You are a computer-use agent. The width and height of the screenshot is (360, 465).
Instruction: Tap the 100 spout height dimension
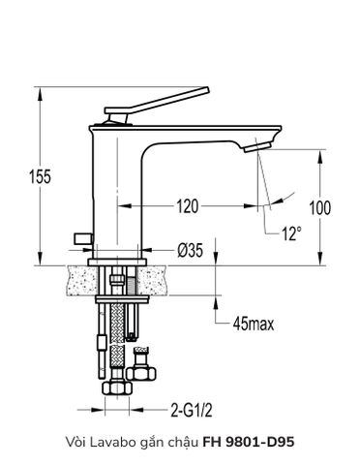[x=319, y=207]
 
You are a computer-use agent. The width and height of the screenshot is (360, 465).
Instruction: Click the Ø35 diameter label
[x=189, y=250]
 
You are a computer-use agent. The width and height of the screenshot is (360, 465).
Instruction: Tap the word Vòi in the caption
[x=74, y=442]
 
